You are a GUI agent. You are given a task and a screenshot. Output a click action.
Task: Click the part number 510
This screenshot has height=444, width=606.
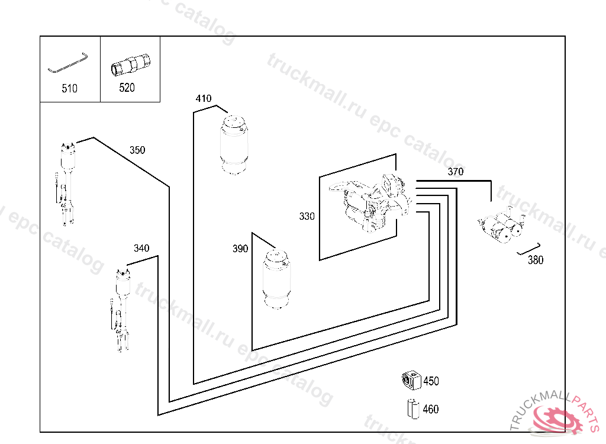click(x=69, y=89)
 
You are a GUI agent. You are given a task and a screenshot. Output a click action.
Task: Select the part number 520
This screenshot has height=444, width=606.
click(x=127, y=88)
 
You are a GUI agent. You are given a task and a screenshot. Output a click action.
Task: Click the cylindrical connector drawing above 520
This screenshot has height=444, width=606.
click(x=130, y=65)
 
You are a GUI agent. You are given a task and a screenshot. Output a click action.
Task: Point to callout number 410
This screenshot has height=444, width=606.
click(x=204, y=98)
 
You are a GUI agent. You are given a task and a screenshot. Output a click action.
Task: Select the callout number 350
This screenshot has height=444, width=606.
click(x=137, y=150)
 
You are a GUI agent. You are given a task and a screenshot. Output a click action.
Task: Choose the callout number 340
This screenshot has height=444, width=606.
click(x=141, y=248)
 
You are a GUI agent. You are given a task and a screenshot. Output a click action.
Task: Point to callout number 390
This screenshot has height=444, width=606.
click(x=240, y=249)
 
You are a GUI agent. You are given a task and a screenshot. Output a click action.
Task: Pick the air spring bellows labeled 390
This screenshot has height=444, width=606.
click(x=278, y=279)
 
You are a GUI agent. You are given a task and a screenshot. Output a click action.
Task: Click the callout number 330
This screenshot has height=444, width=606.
click(x=307, y=217)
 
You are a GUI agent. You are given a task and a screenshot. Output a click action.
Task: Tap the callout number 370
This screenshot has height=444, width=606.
click(x=456, y=172)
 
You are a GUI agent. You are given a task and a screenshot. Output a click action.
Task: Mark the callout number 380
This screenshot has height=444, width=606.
click(x=535, y=260)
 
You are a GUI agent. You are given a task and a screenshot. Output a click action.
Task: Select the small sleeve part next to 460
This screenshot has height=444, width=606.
click(x=412, y=408)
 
